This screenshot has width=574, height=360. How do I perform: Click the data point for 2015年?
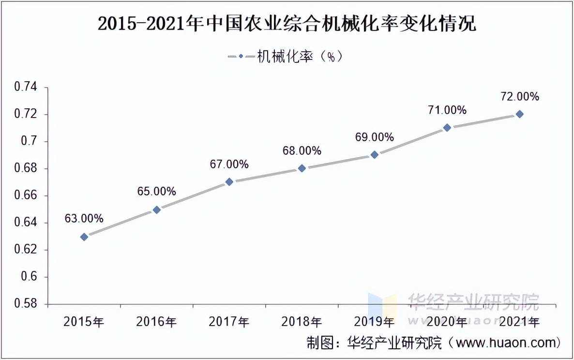click(x=84, y=237)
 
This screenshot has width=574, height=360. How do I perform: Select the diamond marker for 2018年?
click(x=302, y=168)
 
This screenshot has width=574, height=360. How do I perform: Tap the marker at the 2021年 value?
click(x=519, y=114)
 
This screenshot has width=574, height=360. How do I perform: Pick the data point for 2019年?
click(x=375, y=155)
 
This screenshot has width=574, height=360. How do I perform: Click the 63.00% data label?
click(x=84, y=219)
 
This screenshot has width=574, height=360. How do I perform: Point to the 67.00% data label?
click(x=229, y=165)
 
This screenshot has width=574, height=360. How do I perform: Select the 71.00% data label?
click(x=447, y=110)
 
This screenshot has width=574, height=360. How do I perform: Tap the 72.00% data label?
click(x=519, y=97)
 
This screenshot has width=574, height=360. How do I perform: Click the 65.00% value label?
click(x=157, y=192)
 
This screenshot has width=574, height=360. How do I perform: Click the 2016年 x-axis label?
click(x=157, y=321)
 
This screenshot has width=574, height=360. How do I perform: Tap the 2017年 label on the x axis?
click(x=229, y=321)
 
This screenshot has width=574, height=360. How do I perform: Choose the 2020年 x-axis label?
click(x=447, y=321)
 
